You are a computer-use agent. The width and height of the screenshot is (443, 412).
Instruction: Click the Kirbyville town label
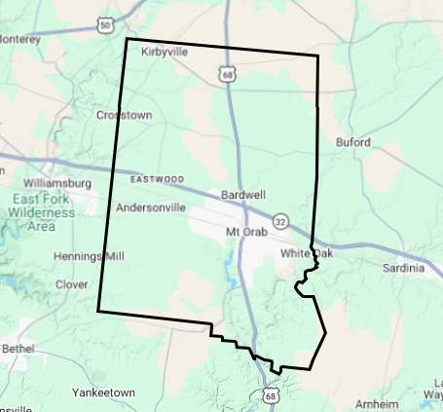click(164, 52)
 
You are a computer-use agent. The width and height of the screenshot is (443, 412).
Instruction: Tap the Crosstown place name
click(125, 115)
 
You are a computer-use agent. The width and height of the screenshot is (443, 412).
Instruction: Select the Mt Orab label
click(244, 232)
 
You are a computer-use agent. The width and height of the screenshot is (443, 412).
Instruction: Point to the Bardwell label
click(243, 195)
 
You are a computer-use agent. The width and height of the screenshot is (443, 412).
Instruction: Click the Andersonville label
click(150, 207)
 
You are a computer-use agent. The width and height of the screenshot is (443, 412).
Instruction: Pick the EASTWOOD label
click(156, 179)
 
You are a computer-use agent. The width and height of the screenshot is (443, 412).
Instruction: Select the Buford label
click(351, 142)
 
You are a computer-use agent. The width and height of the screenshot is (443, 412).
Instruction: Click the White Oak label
click(300, 254)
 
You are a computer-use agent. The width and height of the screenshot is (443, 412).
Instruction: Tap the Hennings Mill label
click(90, 256)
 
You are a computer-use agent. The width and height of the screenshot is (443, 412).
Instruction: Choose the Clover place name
click(72, 284)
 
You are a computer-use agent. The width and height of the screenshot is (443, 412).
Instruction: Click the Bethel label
click(18, 348)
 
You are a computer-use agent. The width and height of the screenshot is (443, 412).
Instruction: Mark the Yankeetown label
click(103, 393)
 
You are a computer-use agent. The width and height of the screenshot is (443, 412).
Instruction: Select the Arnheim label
click(378, 403)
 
